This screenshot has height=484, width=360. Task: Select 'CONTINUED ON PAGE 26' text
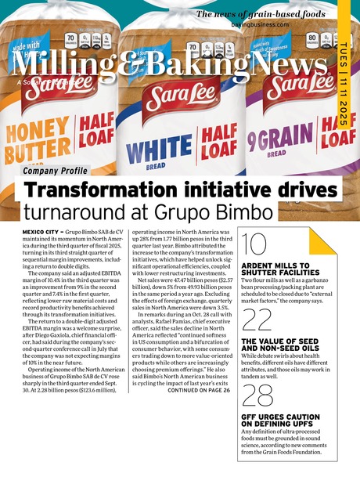(199, 368)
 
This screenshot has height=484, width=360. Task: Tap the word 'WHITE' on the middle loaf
(158, 146)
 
